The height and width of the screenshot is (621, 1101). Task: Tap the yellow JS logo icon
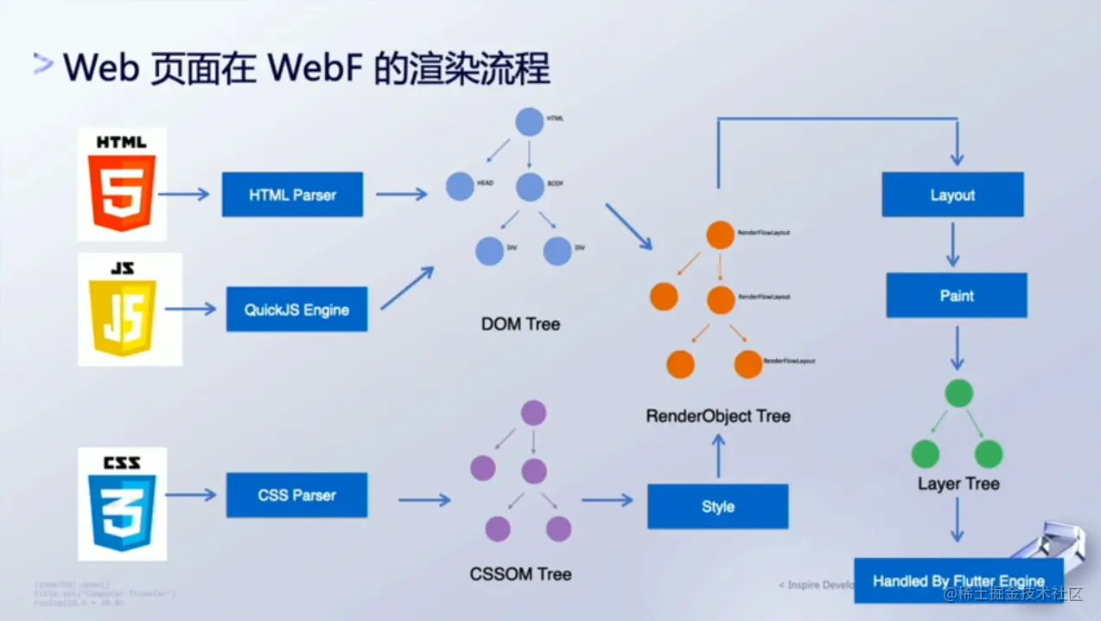click(x=130, y=309)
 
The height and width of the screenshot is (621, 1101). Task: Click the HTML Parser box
click(x=292, y=195)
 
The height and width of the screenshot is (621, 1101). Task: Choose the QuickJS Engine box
click(x=296, y=310)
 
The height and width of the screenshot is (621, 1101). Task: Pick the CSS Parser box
click(x=296, y=495)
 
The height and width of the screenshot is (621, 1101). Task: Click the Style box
click(x=717, y=506)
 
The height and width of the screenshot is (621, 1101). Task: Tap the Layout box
click(x=952, y=195)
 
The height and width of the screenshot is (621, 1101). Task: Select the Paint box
click(x=956, y=296)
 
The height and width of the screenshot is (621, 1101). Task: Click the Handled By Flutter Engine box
click(x=958, y=580)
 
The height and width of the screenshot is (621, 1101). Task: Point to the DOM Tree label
click(x=520, y=324)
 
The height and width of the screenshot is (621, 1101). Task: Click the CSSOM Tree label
click(x=520, y=573)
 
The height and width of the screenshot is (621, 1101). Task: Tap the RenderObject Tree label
click(x=717, y=416)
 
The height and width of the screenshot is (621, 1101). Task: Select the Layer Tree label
click(x=958, y=483)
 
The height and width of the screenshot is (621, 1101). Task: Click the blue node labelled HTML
click(x=530, y=122)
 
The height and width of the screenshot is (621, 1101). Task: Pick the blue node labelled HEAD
click(x=461, y=186)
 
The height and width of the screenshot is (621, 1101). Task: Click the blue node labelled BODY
click(x=530, y=186)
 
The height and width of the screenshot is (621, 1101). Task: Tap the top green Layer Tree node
click(x=958, y=394)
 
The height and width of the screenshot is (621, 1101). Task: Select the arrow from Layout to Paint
click(x=952, y=245)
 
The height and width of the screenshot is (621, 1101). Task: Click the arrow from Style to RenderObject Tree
click(x=717, y=456)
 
